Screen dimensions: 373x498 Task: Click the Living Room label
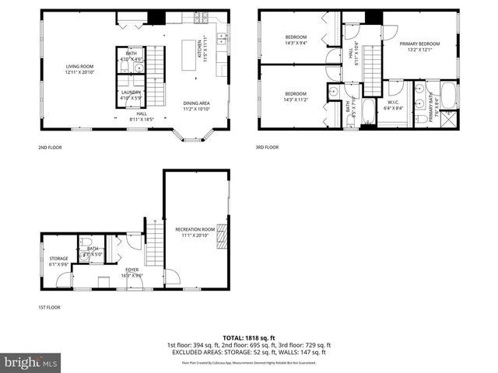pyautogui.click(x=79, y=70)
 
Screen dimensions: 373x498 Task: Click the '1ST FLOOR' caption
pyautogui.click(x=49, y=307)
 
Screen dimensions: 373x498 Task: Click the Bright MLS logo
pyautogui.click(x=31, y=362)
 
